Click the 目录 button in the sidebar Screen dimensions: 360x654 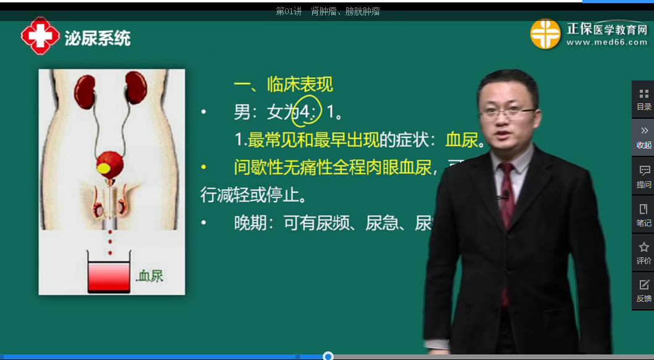pos(643,99)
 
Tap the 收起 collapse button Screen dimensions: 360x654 pos(643,137)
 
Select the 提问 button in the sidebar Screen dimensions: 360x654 pos(643,176)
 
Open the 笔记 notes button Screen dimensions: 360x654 pos(643,215)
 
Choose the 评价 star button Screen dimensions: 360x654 pos(643,253)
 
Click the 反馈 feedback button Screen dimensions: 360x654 pos(643,291)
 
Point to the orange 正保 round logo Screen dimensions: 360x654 pos(545,33)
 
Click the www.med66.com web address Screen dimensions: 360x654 pos(606,43)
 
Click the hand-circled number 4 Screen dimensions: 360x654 pos(306,112)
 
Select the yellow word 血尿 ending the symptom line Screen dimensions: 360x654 pos(462,140)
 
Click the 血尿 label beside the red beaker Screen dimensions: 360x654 pos(150,276)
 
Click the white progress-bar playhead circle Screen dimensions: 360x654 pos(328,356)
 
